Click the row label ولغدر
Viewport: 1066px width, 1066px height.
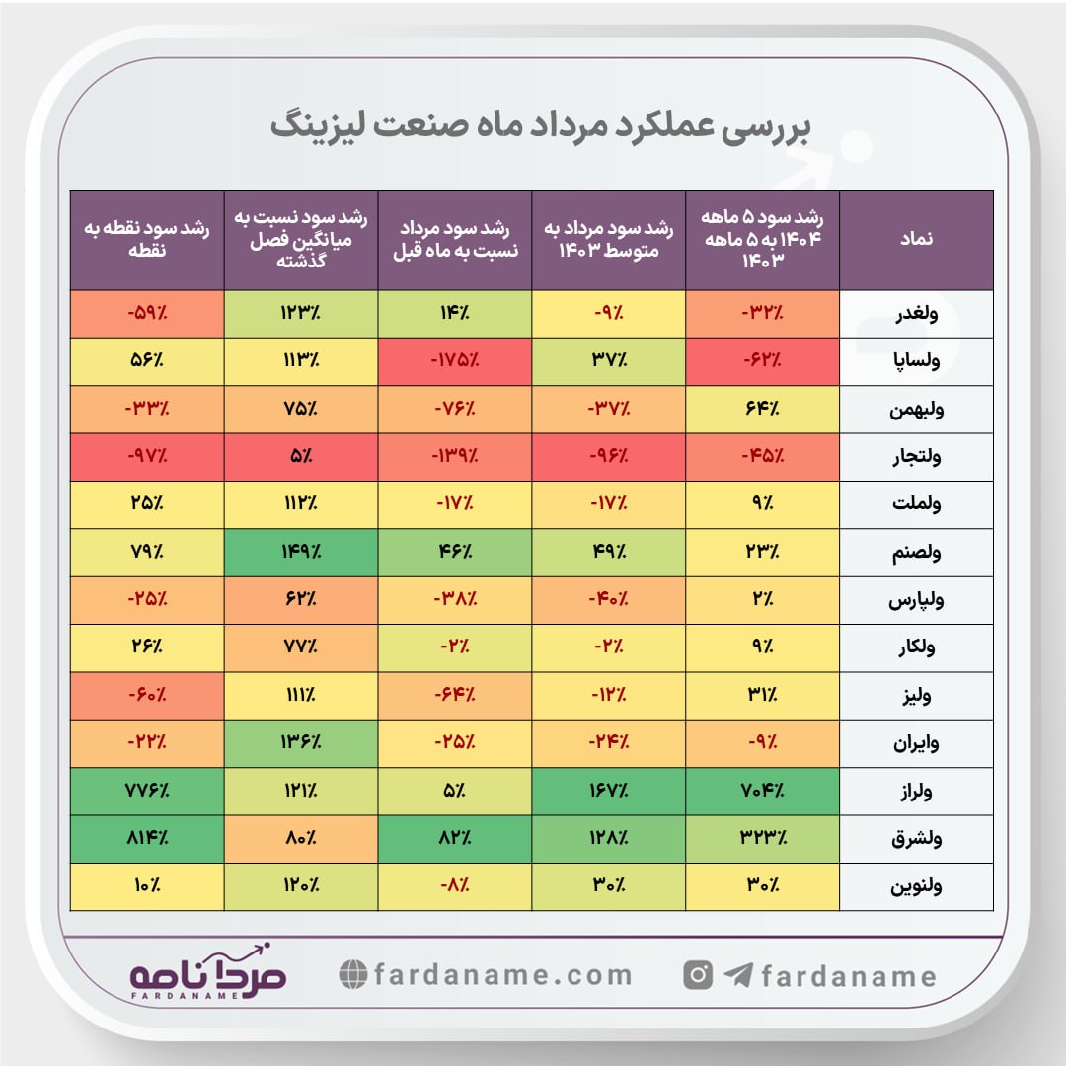point(916,314)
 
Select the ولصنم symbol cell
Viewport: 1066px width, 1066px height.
point(916,553)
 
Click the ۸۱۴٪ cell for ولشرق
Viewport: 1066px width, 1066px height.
point(147,840)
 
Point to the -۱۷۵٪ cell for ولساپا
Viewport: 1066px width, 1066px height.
point(454,361)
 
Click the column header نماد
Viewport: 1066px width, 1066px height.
point(916,240)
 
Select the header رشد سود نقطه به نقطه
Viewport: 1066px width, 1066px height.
point(147,240)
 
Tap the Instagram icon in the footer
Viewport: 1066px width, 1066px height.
point(698,975)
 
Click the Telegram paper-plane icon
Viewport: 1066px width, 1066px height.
point(737,976)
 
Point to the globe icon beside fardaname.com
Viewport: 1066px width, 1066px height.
point(352,975)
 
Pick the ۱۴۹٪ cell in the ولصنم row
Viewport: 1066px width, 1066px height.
point(300,553)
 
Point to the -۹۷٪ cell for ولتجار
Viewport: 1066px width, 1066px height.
point(147,457)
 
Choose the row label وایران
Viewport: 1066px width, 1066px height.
point(916,744)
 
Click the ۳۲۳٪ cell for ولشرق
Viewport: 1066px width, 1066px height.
point(762,840)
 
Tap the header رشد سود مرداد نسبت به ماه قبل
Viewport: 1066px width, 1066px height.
point(454,240)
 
